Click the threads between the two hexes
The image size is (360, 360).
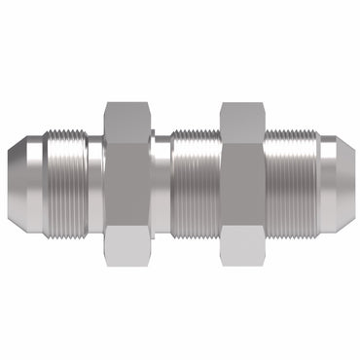[x=196, y=181]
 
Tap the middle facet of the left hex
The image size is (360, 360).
[x=127, y=181]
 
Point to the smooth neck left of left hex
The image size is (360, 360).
[x=94, y=181]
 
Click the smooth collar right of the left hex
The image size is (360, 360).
[x=162, y=181]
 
